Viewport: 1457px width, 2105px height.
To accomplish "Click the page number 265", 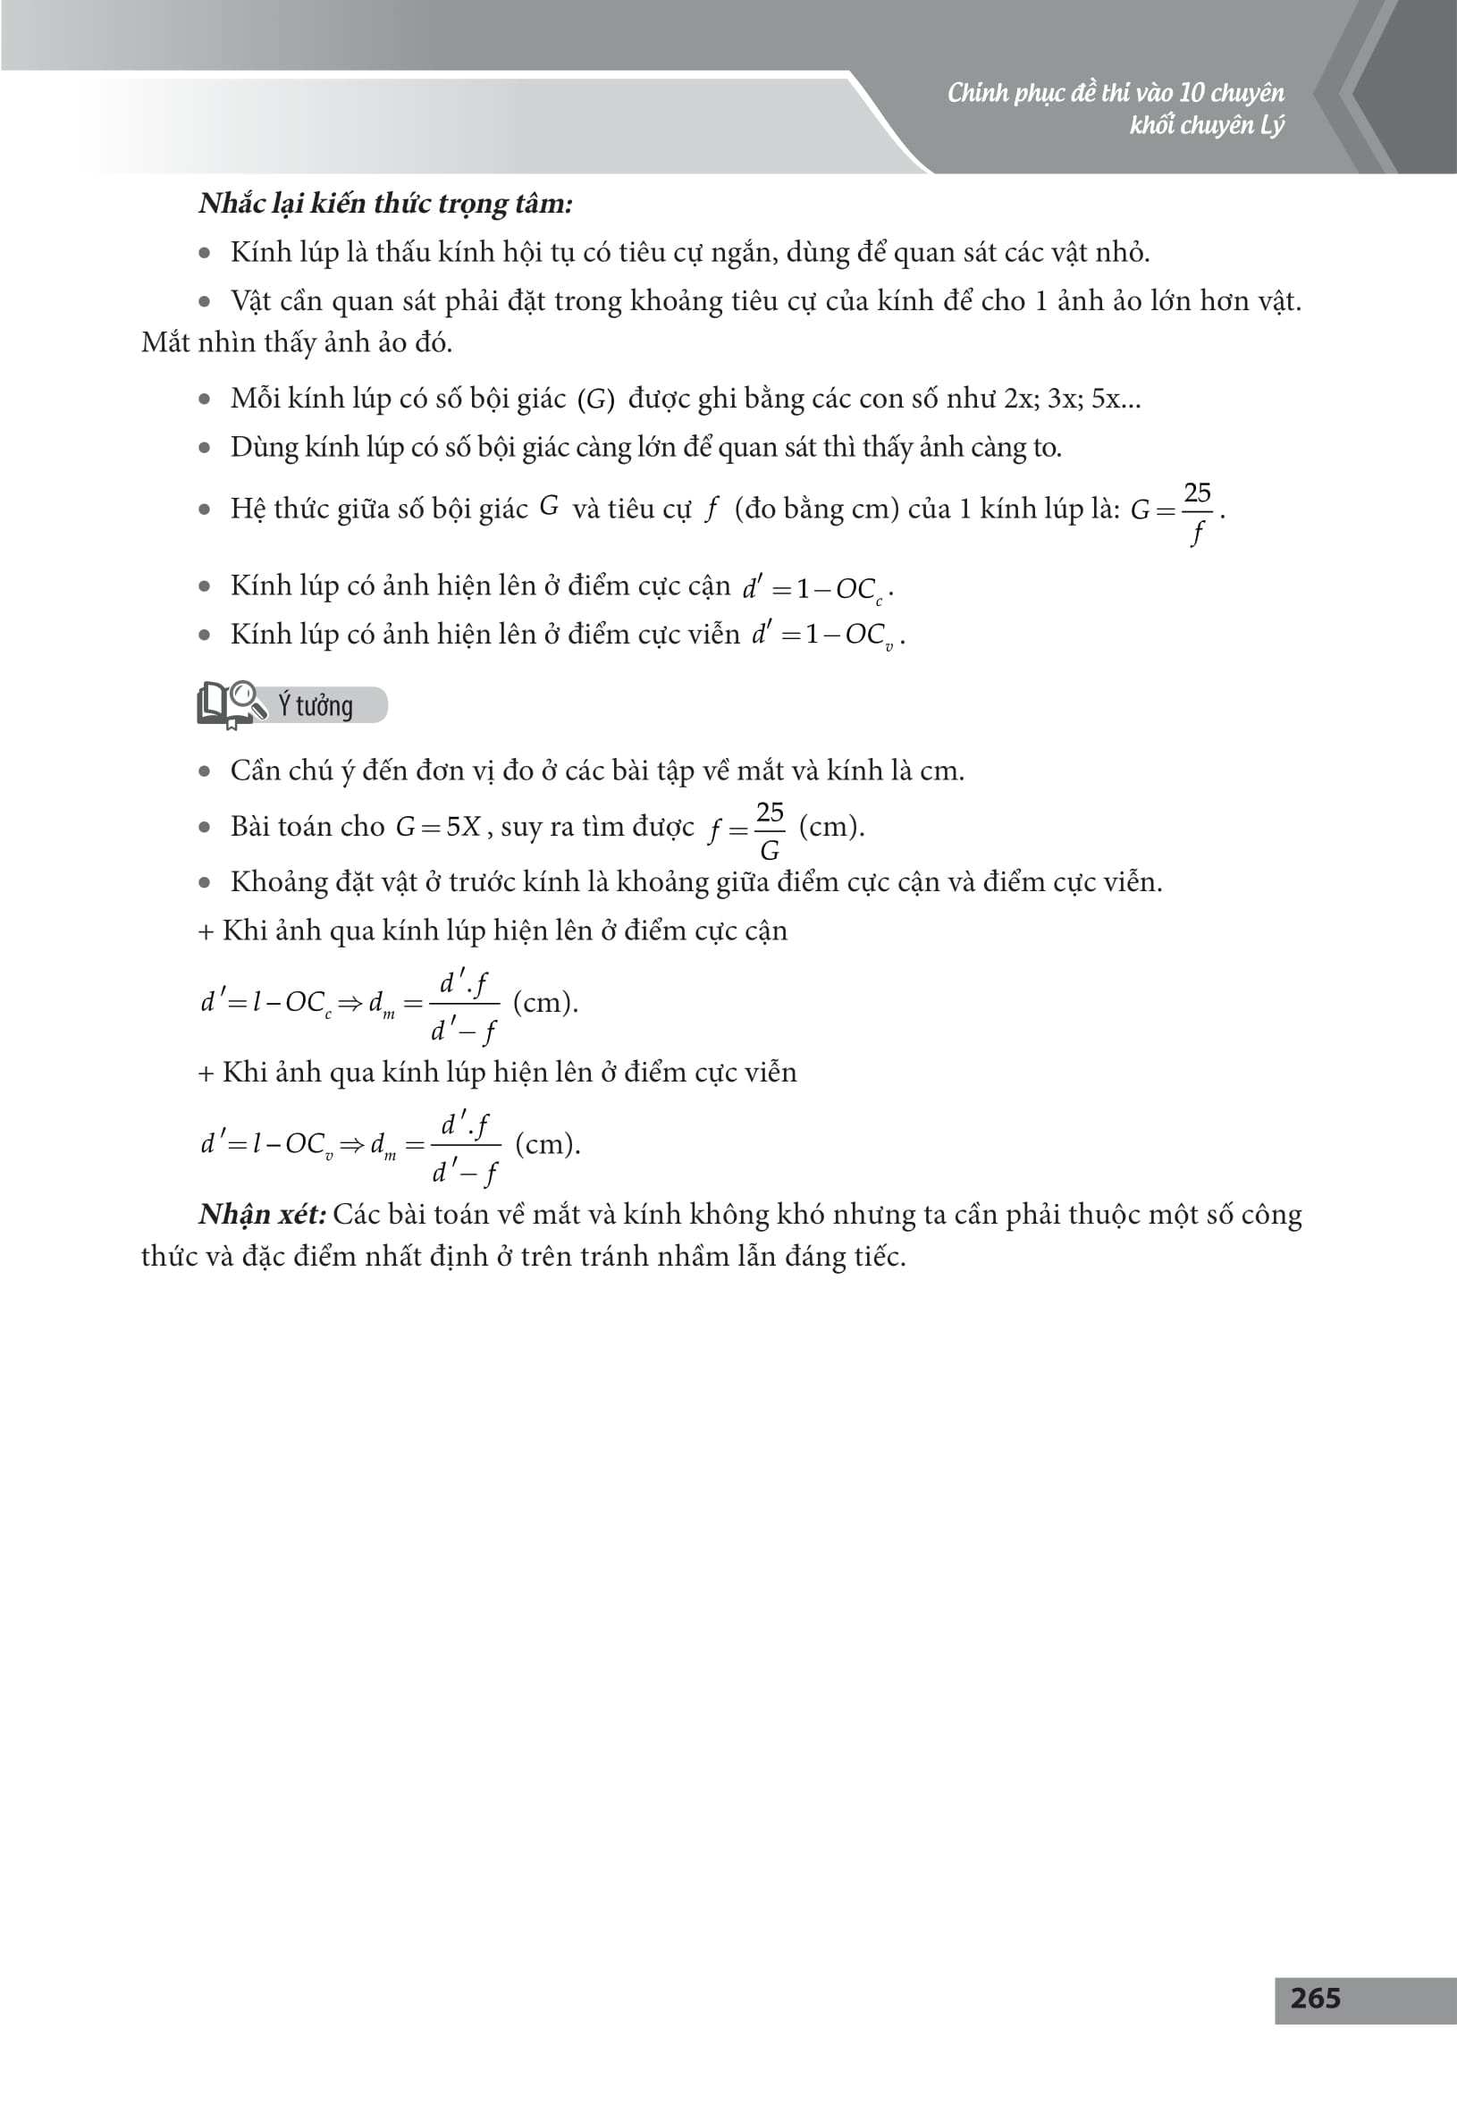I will coord(1315,1999).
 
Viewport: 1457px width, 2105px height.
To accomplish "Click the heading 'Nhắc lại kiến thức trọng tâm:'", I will coord(385,204).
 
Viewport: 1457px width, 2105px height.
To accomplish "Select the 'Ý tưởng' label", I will coord(315,705).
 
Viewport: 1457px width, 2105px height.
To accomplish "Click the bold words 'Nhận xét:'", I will coord(262,1214).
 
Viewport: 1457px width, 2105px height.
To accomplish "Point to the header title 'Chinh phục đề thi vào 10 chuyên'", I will coord(1115,93).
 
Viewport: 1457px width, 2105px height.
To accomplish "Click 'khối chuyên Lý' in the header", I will coord(1206,125).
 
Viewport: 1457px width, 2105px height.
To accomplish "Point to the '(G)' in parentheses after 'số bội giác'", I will coord(596,400).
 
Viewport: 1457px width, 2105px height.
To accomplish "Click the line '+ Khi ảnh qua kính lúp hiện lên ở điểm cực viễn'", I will coord(498,1072).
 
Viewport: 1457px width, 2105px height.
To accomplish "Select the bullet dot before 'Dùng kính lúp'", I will coord(205,448).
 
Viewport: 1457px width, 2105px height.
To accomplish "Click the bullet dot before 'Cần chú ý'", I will coord(205,772).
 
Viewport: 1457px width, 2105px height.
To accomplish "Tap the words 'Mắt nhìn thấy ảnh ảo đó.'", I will coord(297,342).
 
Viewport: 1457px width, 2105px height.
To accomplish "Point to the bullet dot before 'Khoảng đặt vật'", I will coord(205,883).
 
